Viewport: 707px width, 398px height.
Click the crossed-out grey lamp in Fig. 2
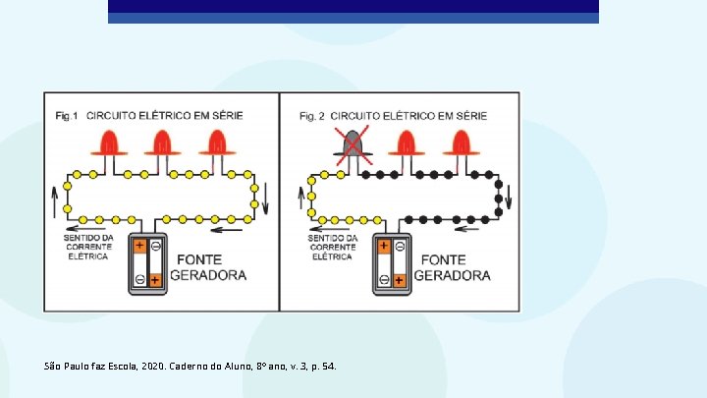[x=353, y=145]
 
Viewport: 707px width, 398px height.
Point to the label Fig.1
[x=67, y=116]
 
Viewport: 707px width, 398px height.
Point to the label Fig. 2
[x=311, y=116]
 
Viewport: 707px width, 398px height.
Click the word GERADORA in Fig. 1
[x=208, y=275]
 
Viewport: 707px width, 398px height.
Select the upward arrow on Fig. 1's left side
[x=54, y=202]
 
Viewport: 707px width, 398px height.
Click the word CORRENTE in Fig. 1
[x=88, y=247]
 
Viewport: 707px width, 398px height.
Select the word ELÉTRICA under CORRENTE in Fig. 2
[x=332, y=256]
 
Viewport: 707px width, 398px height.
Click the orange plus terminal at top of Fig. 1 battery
[x=139, y=247]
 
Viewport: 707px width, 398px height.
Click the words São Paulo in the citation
[x=66, y=367]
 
